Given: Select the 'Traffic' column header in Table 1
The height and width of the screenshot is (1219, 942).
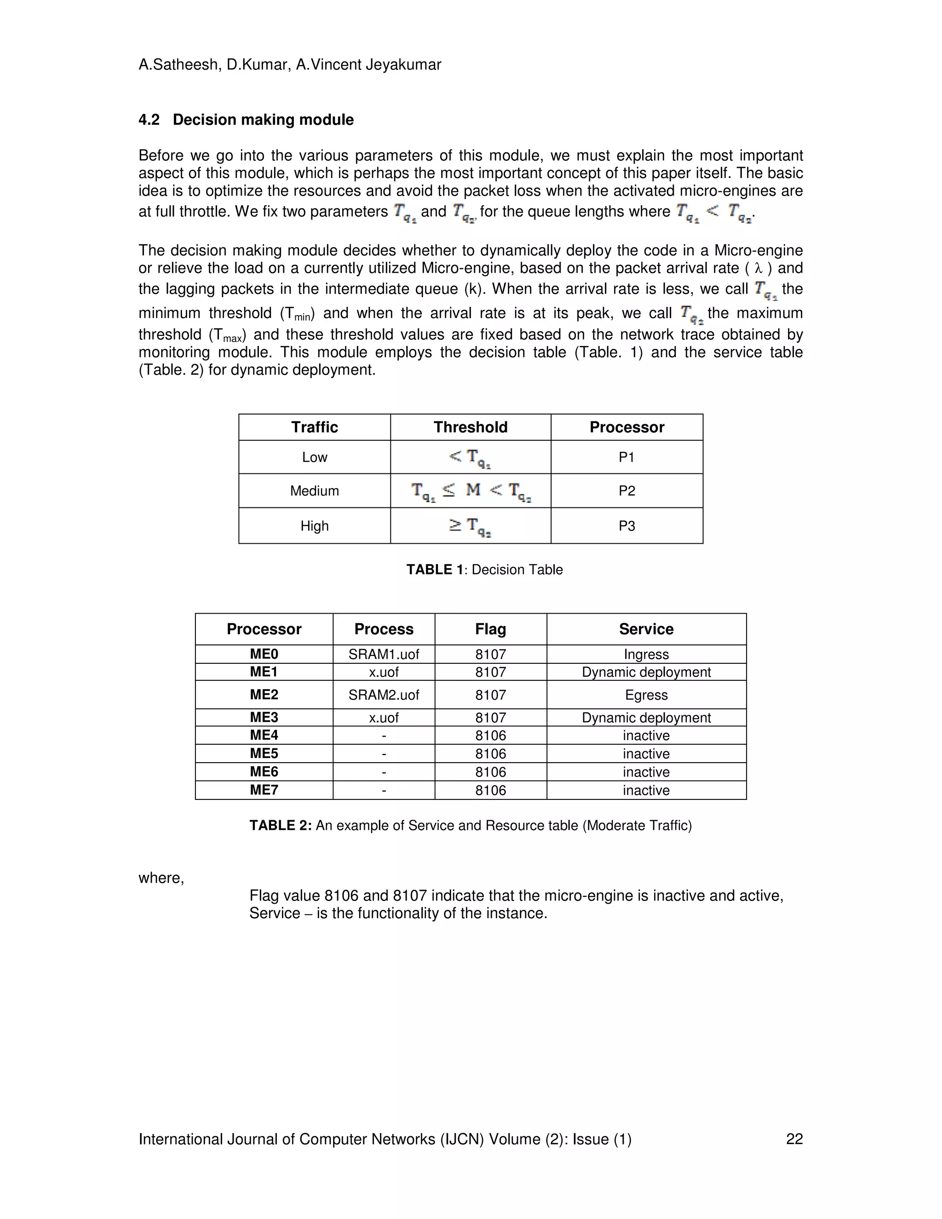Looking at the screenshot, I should tap(314, 427).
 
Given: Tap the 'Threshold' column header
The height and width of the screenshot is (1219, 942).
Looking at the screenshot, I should tap(471, 427).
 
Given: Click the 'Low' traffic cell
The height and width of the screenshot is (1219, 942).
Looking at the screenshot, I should tap(314, 457).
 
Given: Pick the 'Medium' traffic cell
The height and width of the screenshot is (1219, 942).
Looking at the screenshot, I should tap(314, 491).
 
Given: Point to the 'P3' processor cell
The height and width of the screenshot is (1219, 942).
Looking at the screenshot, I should tap(627, 526).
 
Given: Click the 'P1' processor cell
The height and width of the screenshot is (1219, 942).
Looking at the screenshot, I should tap(627, 457).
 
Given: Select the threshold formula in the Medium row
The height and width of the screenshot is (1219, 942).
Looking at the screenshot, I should tap(471, 491).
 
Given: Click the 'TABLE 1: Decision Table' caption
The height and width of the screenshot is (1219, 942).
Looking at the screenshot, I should tap(484, 569).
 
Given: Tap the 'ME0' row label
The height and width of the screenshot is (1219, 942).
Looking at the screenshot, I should tap(264, 654).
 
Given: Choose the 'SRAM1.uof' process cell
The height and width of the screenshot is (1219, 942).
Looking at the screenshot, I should tap(384, 654).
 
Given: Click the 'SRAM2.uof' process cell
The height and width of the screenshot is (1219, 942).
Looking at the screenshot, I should tap(384, 695).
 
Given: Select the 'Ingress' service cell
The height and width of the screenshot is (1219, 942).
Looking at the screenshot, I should tap(646, 654).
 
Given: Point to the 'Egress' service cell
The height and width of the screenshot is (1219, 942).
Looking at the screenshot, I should tap(646, 695).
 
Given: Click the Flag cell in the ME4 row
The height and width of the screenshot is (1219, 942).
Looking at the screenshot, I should tap(490, 736).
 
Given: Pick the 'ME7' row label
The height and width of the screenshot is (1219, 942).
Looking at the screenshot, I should tap(264, 790).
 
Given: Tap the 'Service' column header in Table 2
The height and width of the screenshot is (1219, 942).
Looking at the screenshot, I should tap(646, 629).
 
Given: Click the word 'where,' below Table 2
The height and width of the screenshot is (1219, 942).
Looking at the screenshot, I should tap(161, 878).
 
